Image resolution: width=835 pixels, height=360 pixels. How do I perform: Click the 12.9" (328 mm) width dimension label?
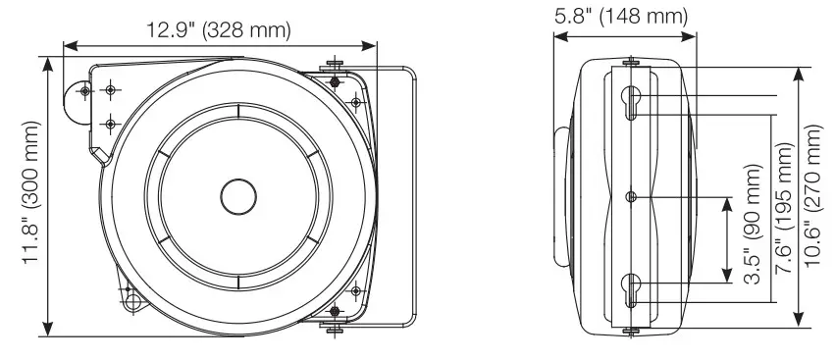[219, 30]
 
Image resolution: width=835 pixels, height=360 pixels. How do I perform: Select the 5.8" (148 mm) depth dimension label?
[621, 16]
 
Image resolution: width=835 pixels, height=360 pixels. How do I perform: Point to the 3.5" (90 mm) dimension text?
[752, 225]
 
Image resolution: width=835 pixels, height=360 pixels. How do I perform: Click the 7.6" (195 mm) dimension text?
[784, 208]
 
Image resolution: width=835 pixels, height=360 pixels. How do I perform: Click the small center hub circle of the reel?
[238, 196]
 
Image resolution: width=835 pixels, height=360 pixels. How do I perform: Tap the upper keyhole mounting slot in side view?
[631, 102]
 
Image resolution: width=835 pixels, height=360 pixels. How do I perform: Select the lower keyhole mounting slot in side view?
[631, 290]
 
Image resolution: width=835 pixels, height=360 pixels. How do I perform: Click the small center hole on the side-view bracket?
[631, 197]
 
